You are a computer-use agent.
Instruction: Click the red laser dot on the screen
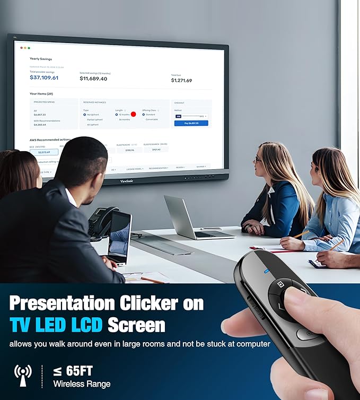pos(134,114)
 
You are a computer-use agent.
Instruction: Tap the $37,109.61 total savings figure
pos(44,77)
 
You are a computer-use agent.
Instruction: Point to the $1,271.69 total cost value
pos(181,81)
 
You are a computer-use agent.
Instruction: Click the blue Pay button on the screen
pos(191,123)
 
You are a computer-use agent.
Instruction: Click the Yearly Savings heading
pos(41,59)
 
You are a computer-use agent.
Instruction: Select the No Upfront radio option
pos(85,115)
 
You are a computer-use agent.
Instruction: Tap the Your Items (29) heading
pos(41,93)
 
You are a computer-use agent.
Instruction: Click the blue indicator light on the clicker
pos(267,272)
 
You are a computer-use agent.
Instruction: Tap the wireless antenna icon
pos(23,374)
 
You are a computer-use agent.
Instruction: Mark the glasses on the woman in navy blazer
pos(258,159)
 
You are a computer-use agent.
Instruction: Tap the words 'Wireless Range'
pos(82,384)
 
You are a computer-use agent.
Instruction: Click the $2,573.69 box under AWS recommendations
pos(44,152)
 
